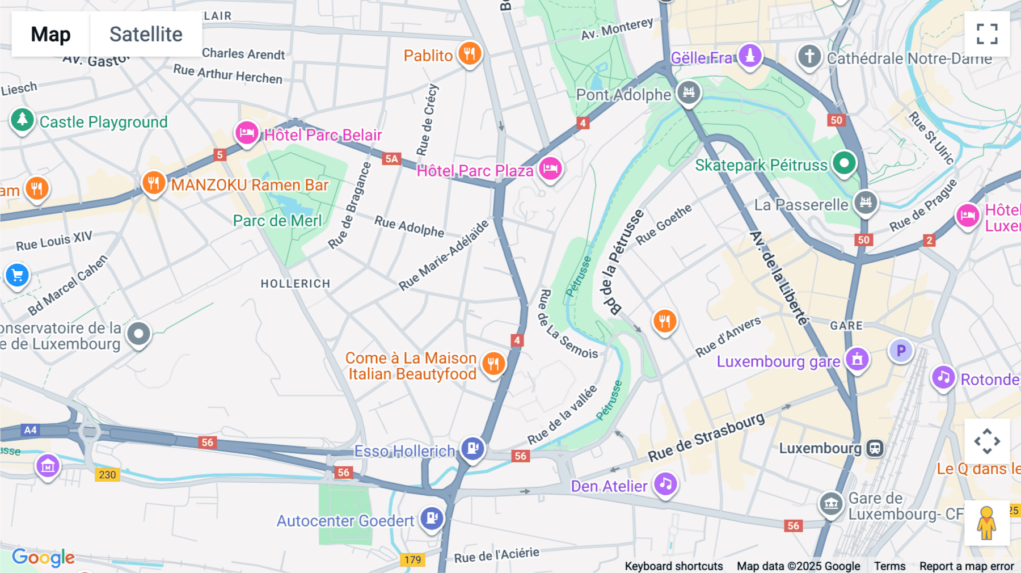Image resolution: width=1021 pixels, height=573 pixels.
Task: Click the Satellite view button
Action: pos(146,34)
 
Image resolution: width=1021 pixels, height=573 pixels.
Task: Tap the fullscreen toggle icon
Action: pos(987,34)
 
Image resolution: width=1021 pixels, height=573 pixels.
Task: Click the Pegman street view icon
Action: pos(986,523)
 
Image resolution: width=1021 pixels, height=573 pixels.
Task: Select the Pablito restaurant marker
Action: pos(469,54)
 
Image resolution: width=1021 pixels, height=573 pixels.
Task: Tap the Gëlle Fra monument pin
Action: pos(750,56)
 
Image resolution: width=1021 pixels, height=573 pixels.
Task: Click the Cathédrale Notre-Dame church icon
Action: pos(809,57)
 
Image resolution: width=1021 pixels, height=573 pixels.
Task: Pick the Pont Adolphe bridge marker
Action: pos(689,92)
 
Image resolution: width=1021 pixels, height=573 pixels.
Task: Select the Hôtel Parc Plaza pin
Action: pos(550,168)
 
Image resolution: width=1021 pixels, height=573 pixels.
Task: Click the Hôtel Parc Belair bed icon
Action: pos(247,133)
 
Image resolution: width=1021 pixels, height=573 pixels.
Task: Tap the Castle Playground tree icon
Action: pos(22,120)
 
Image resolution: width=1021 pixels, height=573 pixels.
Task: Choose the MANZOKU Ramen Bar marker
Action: pos(153,183)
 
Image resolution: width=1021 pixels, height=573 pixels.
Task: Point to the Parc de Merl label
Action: pos(277,221)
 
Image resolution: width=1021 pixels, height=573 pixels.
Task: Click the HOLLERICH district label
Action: pos(295,284)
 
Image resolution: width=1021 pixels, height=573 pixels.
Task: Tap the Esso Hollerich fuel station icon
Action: pos(472,449)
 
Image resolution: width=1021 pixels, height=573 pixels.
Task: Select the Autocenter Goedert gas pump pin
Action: pos(432,518)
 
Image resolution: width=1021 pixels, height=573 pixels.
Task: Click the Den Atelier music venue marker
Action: pos(665,484)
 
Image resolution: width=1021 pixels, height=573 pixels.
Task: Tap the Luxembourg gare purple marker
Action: pos(857,359)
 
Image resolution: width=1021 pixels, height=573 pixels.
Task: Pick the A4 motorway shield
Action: pos(30,430)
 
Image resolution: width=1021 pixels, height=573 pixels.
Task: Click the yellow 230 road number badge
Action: pos(107,475)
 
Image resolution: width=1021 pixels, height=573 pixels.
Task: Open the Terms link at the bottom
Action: pos(889,566)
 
